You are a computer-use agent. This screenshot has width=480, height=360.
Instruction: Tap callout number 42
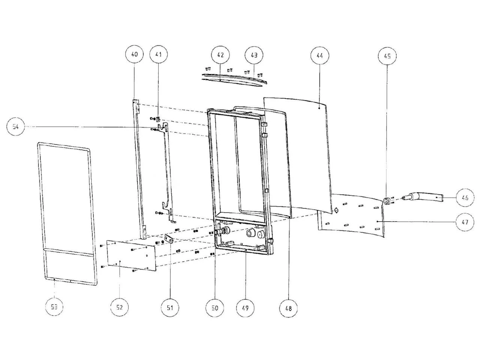click(220, 55)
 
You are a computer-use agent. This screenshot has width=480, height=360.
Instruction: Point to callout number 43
click(254, 55)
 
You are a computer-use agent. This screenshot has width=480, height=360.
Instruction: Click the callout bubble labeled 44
click(319, 55)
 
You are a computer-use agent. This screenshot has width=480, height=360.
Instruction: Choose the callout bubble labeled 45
click(387, 56)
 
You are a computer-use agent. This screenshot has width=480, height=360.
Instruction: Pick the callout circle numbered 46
click(465, 197)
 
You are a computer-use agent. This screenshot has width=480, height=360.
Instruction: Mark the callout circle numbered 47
click(465, 222)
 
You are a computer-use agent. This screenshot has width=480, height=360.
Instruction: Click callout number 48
click(288, 308)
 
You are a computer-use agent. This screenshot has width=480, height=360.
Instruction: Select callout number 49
click(245, 308)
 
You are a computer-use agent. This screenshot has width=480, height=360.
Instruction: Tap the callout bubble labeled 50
click(215, 308)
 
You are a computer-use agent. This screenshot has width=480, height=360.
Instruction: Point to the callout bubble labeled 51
click(170, 307)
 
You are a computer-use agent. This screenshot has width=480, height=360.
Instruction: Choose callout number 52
click(119, 307)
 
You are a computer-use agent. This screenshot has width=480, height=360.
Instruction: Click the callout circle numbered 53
click(54, 307)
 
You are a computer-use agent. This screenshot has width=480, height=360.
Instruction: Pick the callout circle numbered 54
click(15, 126)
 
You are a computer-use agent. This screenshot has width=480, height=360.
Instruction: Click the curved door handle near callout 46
click(423, 197)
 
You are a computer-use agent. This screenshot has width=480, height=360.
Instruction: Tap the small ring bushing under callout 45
click(387, 200)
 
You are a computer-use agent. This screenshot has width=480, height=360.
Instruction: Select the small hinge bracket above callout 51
click(169, 238)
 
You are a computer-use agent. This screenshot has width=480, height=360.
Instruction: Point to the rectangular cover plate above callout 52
click(132, 255)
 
